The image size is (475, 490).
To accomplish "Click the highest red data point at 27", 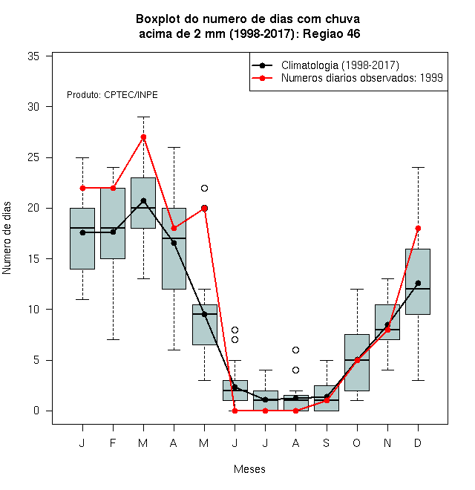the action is point(143,137).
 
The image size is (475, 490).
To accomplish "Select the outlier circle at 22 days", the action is point(204,188).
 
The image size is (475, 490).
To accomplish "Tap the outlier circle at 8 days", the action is point(235,330).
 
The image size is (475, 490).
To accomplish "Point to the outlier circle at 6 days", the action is point(295,350).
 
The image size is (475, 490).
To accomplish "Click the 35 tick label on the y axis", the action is point(33,56).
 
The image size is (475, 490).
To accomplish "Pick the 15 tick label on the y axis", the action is point(33,259).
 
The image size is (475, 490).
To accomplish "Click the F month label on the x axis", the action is point(113,442).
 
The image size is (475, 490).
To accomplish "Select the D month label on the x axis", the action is point(418,442).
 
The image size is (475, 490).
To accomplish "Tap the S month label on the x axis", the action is point(327,442).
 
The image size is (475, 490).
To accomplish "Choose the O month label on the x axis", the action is point(356,442).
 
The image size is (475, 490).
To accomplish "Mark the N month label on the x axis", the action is point(387,442).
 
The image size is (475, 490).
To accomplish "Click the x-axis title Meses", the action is point(249,469).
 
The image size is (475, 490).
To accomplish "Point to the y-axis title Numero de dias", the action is point(7,238).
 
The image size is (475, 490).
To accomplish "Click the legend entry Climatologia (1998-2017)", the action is point(340,65).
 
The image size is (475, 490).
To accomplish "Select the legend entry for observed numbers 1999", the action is point(362,78).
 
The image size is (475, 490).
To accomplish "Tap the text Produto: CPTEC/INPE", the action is point(112,95).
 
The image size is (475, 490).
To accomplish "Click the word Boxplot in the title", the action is point(158,19).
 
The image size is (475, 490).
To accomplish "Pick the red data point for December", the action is point(418,229).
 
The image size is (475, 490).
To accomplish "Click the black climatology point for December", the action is point(418,283).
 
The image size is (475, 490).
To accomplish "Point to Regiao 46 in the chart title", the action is point(332,33).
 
